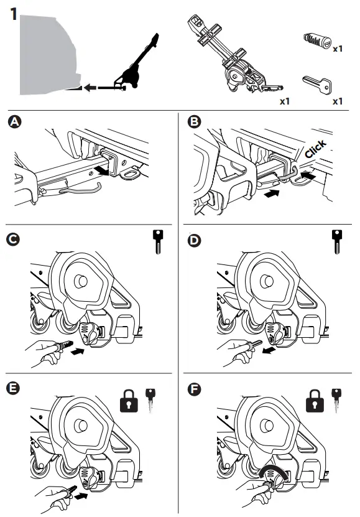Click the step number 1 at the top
[14, 14]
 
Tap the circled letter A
[14, 122]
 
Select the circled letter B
[194, 121]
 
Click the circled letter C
[13, 240]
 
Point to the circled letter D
[194, 240]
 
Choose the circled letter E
[13, 388]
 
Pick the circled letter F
[194, 389]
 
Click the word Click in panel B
[315, 149]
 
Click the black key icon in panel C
[158, 241]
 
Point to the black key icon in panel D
[336, 241]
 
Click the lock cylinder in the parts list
[317, 41]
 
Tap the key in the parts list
[316, 84]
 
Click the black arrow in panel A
[101, 171]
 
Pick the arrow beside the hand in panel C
[78, 352]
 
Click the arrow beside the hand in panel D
[269, 351]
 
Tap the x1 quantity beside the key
[338, 101]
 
